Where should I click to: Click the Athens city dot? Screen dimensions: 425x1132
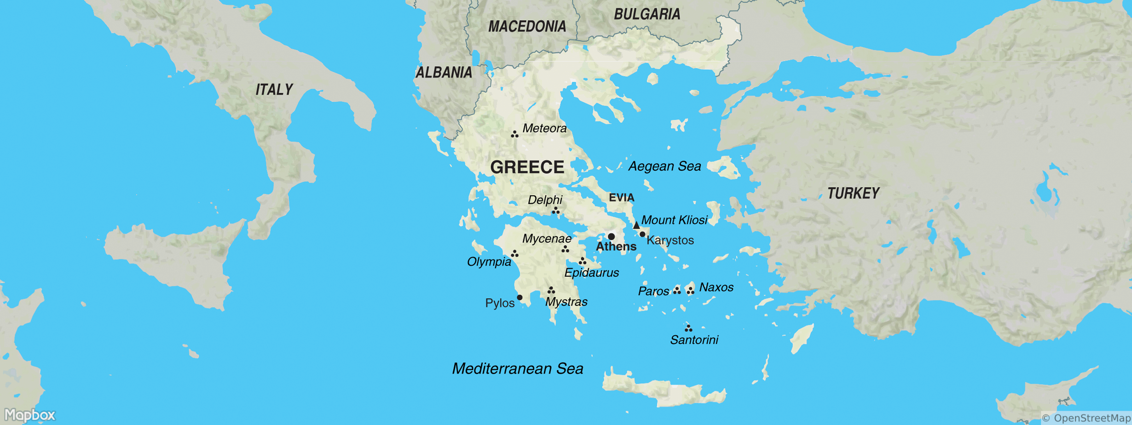(x=611, y=237)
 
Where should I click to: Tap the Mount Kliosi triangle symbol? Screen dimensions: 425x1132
(x=636, y=225)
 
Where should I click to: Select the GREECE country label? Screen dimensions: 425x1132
(x=527, y=167)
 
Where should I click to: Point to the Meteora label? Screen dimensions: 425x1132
(x=544, y=129)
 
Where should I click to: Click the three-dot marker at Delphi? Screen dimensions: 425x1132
(x=556, y=211)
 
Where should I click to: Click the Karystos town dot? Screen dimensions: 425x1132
(x=642, y=234)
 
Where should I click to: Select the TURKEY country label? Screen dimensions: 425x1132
(x=853, y=193)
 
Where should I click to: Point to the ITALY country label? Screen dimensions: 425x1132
(x=274, y=90)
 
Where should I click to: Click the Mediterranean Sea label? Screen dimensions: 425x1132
(x=518, y=369)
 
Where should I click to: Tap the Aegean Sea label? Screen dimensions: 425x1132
(x=664, y=166)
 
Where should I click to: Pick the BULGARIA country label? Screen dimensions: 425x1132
(x=647, y=15)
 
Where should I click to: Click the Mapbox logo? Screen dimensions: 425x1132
(x=30, y=415)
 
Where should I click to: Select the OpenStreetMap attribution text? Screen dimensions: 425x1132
(x=1086, y=418)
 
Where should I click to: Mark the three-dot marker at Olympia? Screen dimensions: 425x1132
(x=515, y=254)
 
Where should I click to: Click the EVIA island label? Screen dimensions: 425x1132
(x=622, y=198)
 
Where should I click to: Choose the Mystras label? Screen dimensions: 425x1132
(x=566, y=302)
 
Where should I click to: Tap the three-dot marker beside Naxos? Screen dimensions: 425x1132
(x=691, y=290)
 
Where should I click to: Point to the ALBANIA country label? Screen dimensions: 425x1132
(x=444, y=73)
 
